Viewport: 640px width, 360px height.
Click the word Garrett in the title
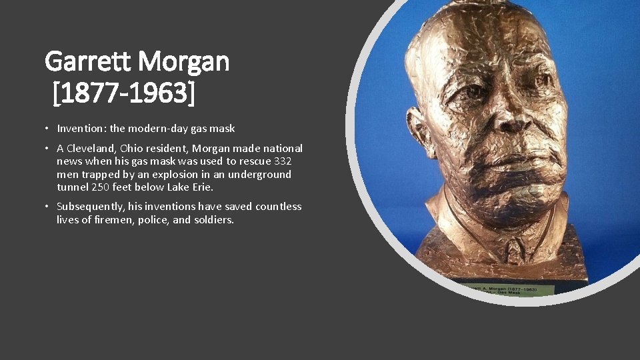pos(89,62)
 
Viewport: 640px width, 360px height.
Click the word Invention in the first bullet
pos(81,129)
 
